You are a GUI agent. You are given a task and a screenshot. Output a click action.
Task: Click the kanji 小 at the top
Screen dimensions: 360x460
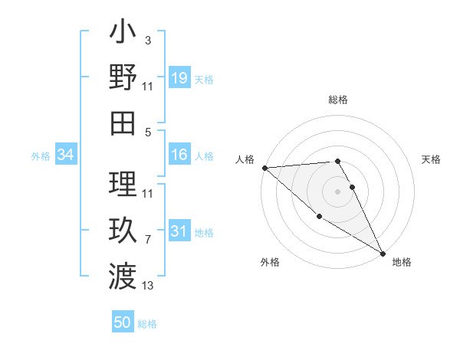(123, 34)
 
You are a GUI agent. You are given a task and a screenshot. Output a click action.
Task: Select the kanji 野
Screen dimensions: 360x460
(123, 77)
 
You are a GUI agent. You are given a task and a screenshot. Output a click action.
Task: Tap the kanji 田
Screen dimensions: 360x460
(123, 123)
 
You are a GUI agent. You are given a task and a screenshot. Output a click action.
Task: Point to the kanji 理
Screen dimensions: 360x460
(123, 184)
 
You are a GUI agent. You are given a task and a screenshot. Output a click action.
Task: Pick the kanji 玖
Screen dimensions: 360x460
(123, 230)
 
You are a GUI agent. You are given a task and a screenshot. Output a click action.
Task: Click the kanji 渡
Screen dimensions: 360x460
(123, 274)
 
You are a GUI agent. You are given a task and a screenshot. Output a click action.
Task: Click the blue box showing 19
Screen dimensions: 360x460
(179, 77)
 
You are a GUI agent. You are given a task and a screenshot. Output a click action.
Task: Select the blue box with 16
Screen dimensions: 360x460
(179, 155)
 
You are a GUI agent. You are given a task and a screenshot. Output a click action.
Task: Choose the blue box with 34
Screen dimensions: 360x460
(66, 155)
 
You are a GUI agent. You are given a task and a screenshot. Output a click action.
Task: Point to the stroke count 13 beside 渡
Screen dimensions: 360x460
(148, 286)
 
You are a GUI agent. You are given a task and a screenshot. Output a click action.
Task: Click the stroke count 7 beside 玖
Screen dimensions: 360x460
(148, 240)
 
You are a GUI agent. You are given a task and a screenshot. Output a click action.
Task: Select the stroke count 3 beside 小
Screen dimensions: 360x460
(148, 40)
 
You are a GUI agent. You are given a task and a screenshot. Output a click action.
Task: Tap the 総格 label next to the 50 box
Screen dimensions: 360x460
(147, 324)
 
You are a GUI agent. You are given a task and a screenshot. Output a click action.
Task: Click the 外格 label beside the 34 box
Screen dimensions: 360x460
(41, 155)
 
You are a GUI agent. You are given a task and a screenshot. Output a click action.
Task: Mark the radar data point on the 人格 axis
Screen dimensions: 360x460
(264, 167)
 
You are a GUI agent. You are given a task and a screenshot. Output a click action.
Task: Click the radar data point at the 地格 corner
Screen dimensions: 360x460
(383, 253)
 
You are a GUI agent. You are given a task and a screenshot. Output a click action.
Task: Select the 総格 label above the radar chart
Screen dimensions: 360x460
(338, 100)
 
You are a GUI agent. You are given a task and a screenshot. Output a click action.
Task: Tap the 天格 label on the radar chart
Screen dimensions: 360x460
(431, 159)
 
